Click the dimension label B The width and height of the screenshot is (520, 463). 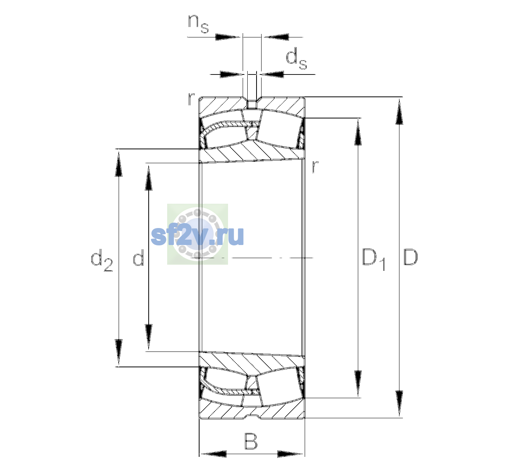tap(251, 441)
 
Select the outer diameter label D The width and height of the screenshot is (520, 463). tap(410, 257)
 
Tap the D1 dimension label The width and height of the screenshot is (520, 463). tap(374, 259)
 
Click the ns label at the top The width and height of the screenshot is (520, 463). tap(198, 24)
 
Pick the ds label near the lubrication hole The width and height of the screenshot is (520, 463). tap(296, 59)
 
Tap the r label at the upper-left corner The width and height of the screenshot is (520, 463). tap(191, 99)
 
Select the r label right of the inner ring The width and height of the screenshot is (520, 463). tap(315, 167)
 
